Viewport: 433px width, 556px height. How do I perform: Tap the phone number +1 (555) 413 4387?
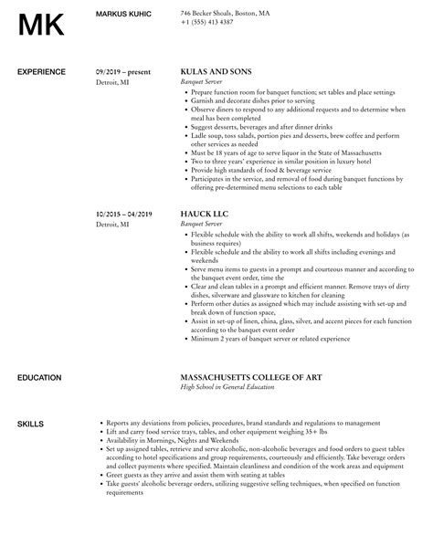click(206, 21)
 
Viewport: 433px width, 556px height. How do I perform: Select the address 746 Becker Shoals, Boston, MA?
click(225, 13)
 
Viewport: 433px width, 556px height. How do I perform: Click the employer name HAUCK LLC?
click(206, 215)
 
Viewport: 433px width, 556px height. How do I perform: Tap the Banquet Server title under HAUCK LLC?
click(204, 224)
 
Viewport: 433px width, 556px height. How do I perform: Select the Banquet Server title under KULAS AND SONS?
click(204, 80)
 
